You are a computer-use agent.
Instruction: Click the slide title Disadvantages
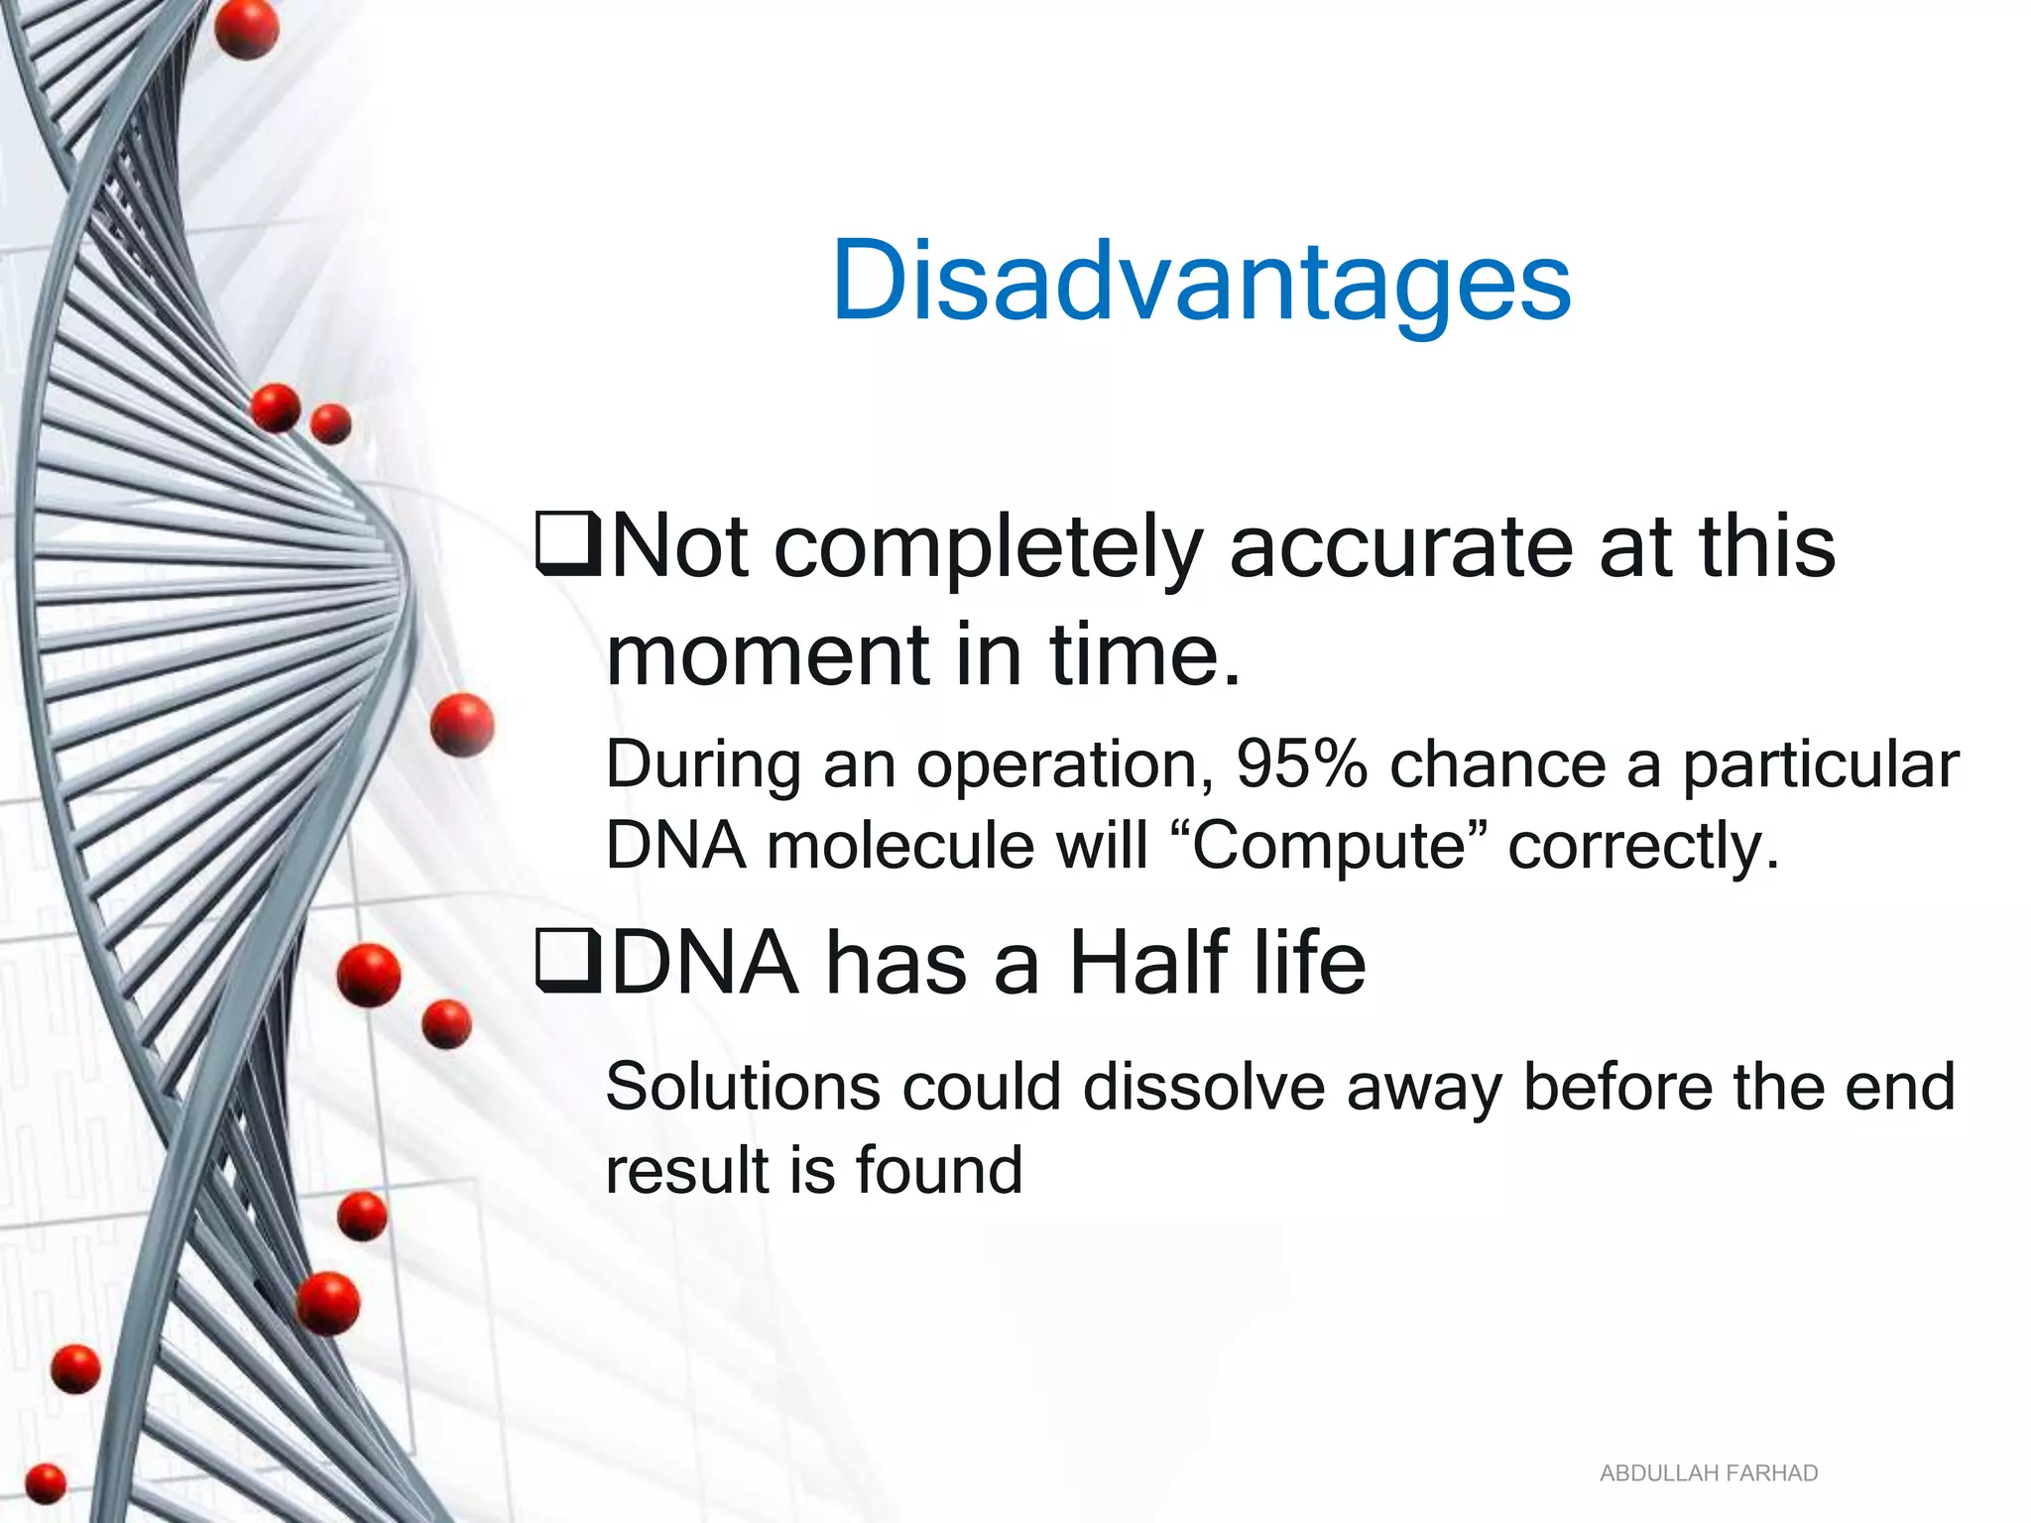pos(1201,283)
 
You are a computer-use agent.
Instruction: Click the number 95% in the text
pos(1301,764)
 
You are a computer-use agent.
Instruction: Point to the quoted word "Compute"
pos(1329,847)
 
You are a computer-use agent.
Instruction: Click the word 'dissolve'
pos(1204,1087)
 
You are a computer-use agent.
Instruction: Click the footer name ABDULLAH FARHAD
pos(1708,1473)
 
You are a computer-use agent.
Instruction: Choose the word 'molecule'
pos(899,847)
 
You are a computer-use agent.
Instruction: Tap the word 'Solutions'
pos(742,1087)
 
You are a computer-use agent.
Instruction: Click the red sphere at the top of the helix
pos(246,28)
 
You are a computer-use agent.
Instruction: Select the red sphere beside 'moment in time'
pos(462,725)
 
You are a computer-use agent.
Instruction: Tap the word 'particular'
pos(1821,764)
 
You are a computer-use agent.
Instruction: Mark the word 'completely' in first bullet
pos(988,548)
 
